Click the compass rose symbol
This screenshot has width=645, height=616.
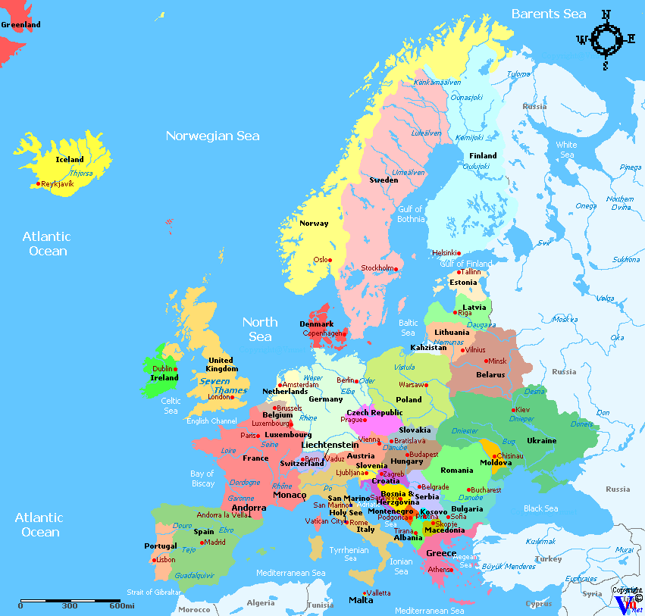[x=605, y=39]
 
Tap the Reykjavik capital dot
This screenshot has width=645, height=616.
[x=38, y=183]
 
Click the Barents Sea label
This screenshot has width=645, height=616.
[x=548, y=14]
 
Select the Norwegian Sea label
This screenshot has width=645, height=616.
[x=212, y=136]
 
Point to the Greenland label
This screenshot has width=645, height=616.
[x=20, y=25]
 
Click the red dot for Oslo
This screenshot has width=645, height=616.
[x=330, y=260]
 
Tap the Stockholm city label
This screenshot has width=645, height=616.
[x=377, y=268]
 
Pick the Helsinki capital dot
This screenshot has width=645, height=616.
[x=459, y=253]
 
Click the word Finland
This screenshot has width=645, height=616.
[x=483, y=155]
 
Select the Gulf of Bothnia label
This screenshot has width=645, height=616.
[x=410, y=214]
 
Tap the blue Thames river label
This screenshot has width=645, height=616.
[x=230, y=390]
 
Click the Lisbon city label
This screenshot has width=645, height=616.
[x=165, y=560]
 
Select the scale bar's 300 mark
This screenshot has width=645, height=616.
[x=70, y=605]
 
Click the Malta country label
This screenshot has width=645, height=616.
[x=361, y=600]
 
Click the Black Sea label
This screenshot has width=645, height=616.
[x=540, y=508]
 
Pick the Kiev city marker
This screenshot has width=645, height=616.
[x=514, y=410]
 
